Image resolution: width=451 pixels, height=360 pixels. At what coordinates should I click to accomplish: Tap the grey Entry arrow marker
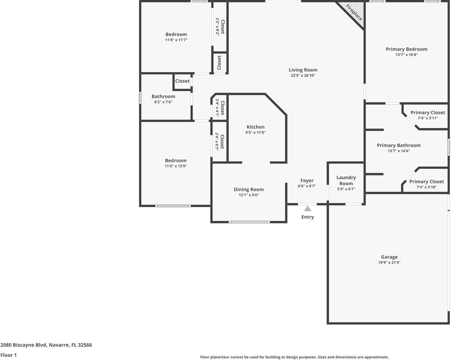click(x=307, y=208)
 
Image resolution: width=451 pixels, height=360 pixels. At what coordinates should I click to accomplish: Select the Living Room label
click(x=303, y=70)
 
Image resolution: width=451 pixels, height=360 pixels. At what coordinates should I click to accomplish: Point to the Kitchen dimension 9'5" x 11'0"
click(x=255, y=132)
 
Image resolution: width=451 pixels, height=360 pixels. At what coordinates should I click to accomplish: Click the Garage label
click(x=389, y=257)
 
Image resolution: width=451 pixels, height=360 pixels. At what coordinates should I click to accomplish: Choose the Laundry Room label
click(x=346, y=180)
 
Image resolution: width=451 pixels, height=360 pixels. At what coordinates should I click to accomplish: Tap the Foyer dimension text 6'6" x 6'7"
click(x=307, y=186)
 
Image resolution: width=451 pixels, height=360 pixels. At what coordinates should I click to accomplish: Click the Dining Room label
click(x=249, y=189)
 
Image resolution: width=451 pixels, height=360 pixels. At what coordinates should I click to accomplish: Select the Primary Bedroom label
click(x=406, y=49)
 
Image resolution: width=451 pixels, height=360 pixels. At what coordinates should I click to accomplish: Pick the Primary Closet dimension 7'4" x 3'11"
click(x=428, y=118)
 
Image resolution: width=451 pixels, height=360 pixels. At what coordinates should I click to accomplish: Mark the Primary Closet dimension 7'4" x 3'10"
click(x=427, y=187)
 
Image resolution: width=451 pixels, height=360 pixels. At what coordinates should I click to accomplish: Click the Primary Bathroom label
click(x=399, y=145)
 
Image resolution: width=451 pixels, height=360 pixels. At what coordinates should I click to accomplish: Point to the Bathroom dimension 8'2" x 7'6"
click(x=163, y=102)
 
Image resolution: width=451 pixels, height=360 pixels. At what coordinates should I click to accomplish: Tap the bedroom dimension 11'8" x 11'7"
click(x=176, y=40)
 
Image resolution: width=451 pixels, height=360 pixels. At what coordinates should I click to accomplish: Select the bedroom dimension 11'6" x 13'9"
click(x=175, y=166)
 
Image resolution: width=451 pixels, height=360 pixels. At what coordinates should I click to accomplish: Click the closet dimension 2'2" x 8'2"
click(x=217, y=27)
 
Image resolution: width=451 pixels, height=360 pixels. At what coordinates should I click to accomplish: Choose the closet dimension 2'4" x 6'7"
click(x=217, y=142)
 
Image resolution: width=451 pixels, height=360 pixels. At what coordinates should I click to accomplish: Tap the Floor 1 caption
click(x=9, y=355)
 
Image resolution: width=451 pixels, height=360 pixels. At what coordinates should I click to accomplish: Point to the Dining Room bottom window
click(x=249, y=222)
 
